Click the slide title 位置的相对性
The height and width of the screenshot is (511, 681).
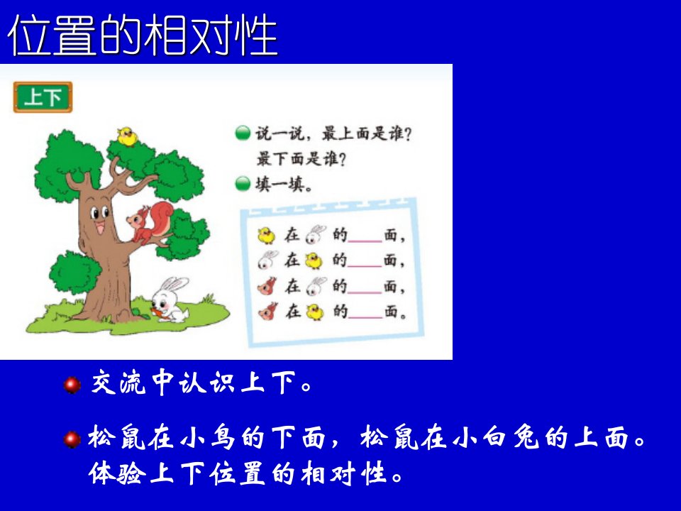click(143, 35)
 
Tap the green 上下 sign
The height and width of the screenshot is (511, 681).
click(43, 97)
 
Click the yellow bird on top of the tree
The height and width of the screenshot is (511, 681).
click(127, 136)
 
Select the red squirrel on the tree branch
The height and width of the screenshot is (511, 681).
click(150, 223)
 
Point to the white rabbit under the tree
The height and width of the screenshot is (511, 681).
click(170, 299)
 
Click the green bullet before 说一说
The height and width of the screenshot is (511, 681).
click(243, 133)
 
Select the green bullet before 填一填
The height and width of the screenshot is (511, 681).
click(243, 184)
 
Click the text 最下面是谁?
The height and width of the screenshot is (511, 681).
click(301, 159)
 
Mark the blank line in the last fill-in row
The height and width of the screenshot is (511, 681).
click(365, 318)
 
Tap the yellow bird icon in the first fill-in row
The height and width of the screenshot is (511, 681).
click(266, 236)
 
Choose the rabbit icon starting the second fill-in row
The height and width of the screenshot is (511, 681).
click(267, 260)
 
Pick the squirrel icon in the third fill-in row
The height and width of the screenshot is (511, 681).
click(267, 286)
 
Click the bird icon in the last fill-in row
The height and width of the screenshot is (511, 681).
click(315, 312)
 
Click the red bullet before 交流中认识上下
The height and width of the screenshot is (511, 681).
click(72, 385)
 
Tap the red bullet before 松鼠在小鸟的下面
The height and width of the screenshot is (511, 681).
click(72, 439)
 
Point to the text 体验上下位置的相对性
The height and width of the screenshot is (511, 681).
click(246, 473)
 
